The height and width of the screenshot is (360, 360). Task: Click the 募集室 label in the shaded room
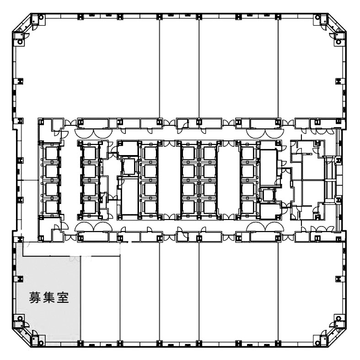tap(49, 297)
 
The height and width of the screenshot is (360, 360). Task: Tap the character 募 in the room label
tap(35, 297)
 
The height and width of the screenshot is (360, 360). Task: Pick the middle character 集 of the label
tap(49, 297)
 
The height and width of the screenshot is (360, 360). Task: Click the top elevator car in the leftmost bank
tap(51, 153)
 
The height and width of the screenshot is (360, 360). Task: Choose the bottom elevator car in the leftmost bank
tap(51, 207)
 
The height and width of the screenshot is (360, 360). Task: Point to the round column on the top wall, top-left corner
tap(41, 17)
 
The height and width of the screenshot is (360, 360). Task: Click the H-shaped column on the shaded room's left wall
tap(20, 279)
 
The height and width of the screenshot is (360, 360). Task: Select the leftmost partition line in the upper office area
tap(159, 68)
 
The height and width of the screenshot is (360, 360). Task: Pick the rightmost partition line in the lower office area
tap(278, 291)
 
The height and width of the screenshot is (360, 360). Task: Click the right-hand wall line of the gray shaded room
tap(81, 298)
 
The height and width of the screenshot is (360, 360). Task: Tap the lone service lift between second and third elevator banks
tap(129, 166)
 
